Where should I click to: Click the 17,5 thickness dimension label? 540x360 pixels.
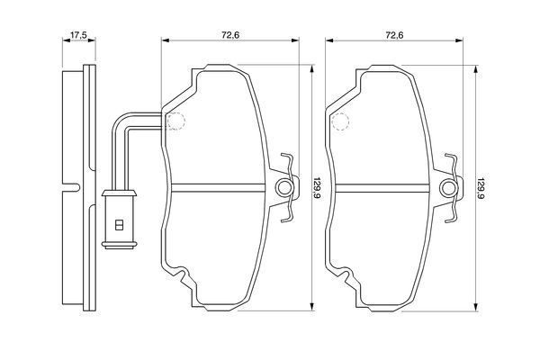point(78,35)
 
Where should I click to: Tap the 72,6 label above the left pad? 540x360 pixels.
point(230,35)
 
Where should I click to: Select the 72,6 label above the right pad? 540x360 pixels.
point(395,35)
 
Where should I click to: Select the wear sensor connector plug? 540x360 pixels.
point(119,219)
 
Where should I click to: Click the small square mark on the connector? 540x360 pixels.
point(119,225)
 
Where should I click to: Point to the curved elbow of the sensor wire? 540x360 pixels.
point(119,123)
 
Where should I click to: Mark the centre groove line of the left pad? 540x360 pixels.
point(219,188)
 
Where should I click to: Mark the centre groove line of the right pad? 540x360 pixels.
point(382,188)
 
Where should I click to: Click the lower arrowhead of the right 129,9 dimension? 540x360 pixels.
point(476,307)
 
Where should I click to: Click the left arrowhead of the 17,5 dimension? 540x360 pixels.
point(66,40)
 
